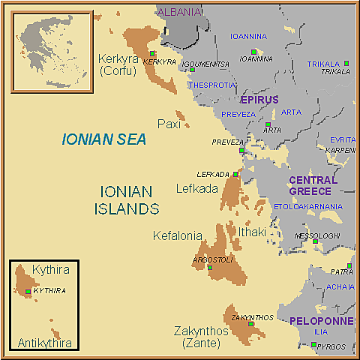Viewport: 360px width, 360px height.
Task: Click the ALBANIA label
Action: (x=179, y=12)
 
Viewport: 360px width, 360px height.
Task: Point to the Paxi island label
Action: (x=169, y=124)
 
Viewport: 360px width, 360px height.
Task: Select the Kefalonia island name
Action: (x=178, y=235)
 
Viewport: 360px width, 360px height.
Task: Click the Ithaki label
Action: (x=252, y=232)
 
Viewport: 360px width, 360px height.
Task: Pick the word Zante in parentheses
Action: (x=201, y=343)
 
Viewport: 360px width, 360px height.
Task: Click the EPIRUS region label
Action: (x=259, y=100)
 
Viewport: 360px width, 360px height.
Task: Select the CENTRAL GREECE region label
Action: (x=313, y=186)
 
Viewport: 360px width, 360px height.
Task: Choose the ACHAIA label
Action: (x=340, y=286)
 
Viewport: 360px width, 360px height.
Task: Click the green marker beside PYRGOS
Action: (x=313, y=345)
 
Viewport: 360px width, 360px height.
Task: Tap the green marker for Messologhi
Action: (x=316, y=241)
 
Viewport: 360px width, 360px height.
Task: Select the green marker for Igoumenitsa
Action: (x=193, y=70)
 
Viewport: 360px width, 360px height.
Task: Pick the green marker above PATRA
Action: (x=349, y=265)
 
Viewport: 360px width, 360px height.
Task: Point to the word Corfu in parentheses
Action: (x=116, y=71)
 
